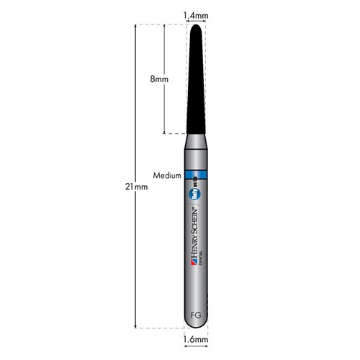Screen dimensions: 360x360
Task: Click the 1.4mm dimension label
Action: [196, 14]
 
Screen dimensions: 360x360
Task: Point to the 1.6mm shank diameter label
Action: [196, 339]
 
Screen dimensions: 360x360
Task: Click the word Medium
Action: [166, 175]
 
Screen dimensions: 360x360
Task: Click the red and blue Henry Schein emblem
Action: [194, 266]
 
